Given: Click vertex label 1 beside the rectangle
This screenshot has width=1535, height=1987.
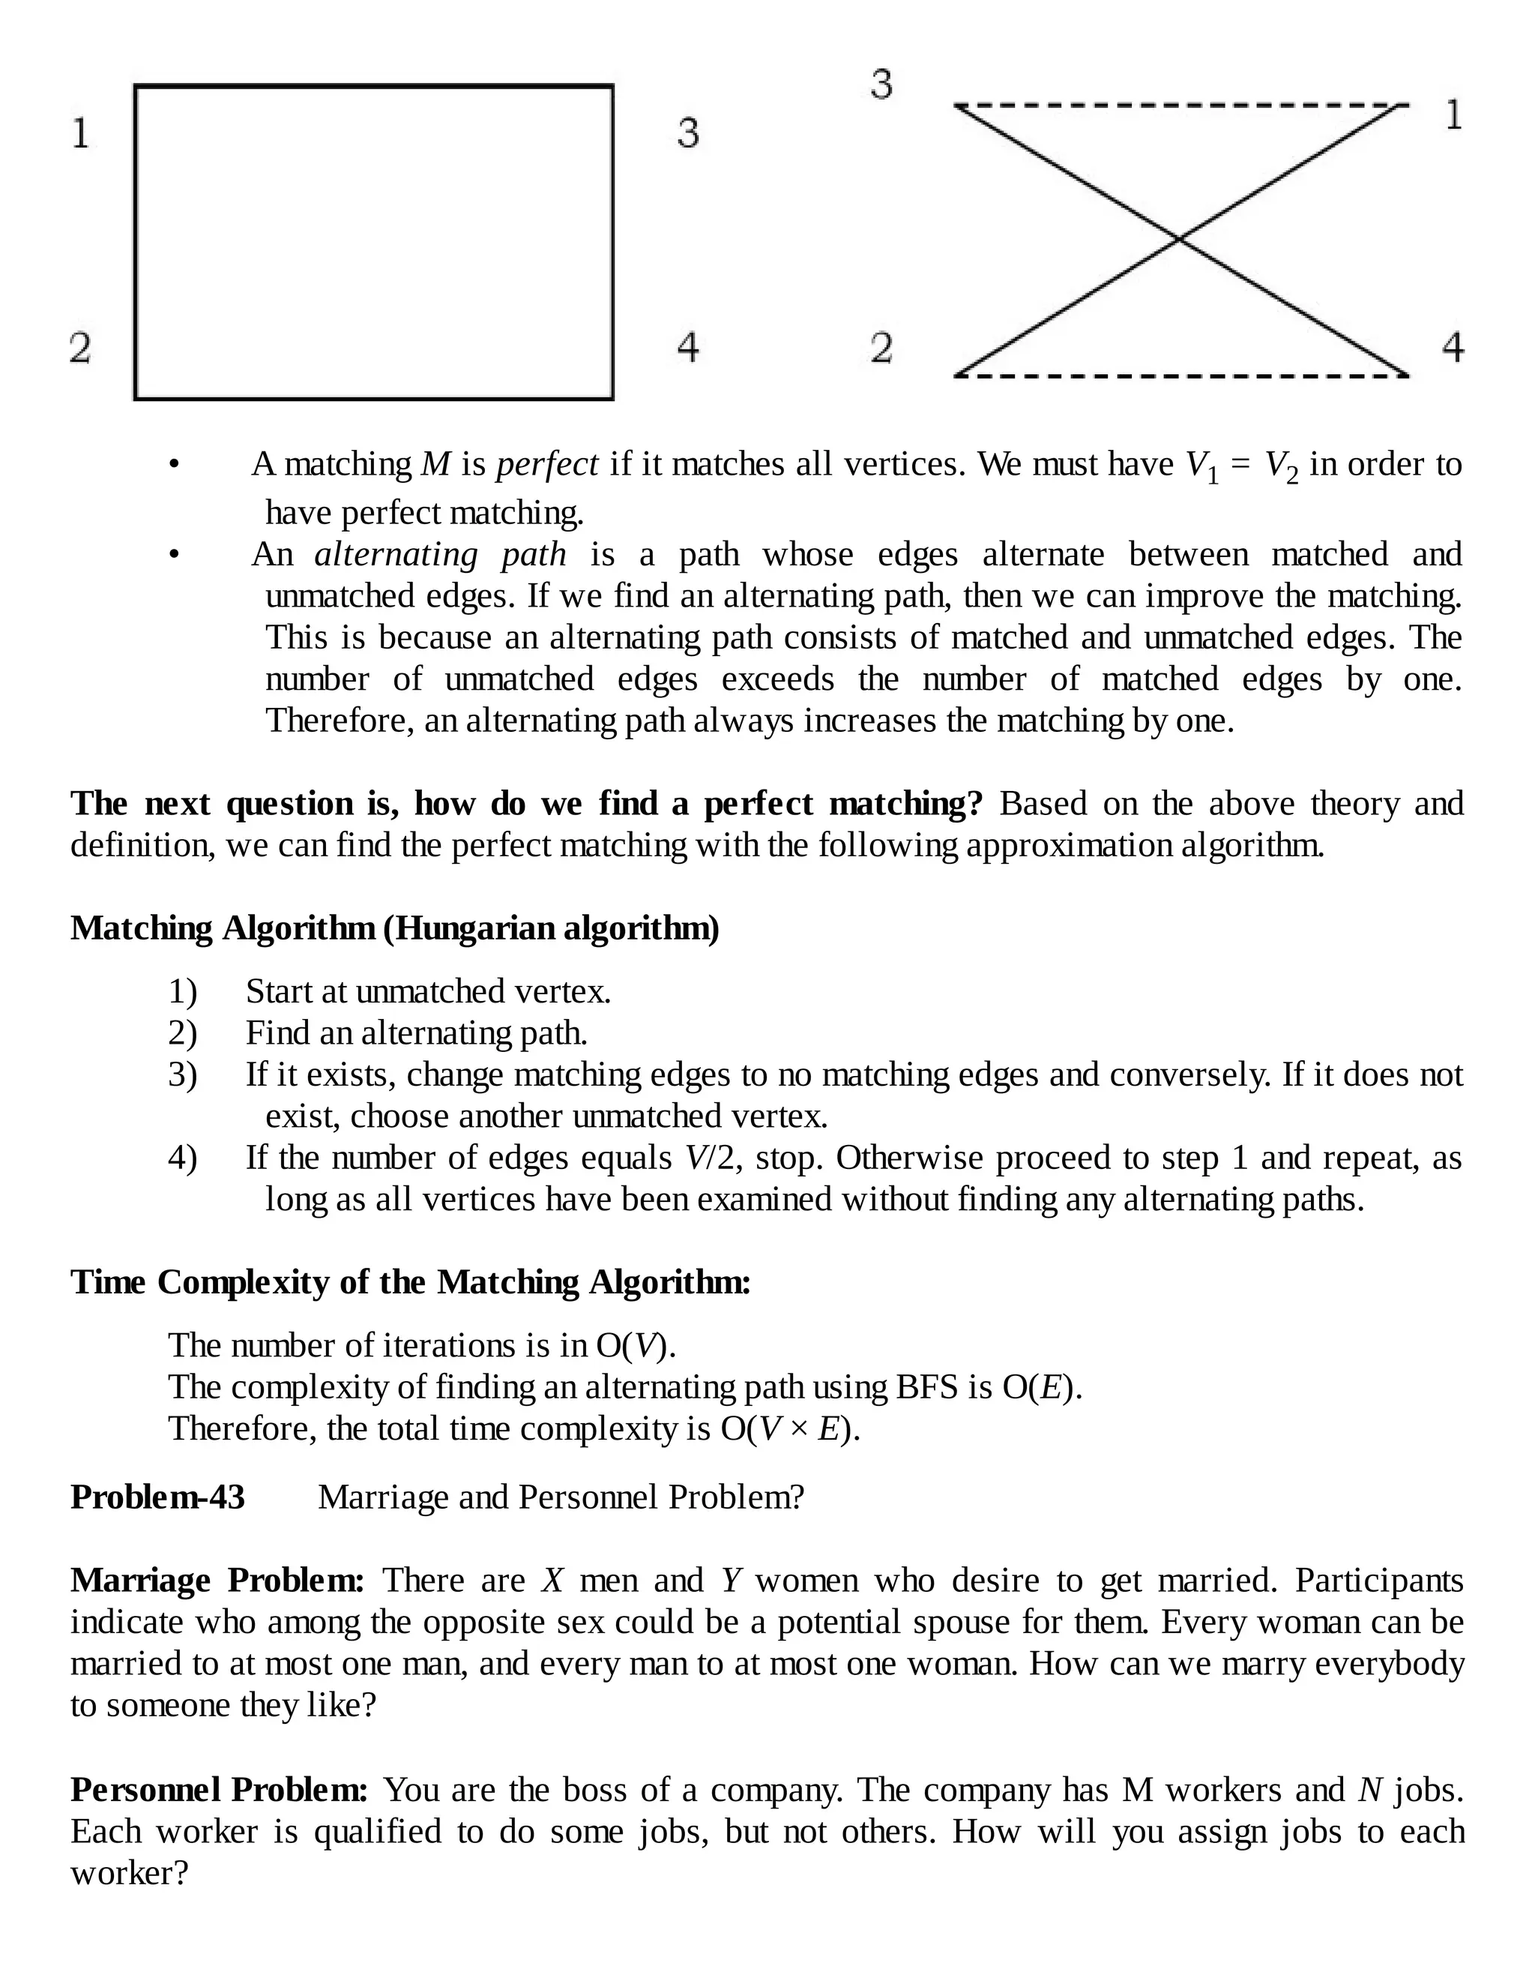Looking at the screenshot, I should [81, 133].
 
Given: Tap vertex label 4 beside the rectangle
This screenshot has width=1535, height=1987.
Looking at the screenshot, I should [687, 346].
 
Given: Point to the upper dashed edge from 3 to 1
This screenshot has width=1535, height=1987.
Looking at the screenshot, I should [1180, 106].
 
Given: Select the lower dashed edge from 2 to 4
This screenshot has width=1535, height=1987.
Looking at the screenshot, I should [1180, 375].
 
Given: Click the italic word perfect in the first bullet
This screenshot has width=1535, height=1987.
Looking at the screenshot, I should [546, 464].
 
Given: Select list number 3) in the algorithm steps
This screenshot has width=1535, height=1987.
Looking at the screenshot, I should [182, 1074].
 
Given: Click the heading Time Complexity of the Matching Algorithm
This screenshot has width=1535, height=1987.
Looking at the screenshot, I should [410, 1282].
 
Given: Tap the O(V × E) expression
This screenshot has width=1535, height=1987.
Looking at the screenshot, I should [788, 1428].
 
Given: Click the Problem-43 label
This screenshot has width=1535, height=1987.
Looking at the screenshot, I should [157, 1497].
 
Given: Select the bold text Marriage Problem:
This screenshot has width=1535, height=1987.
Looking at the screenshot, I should [217, 1581].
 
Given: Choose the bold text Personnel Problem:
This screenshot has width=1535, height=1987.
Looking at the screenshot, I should [219, 1790].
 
